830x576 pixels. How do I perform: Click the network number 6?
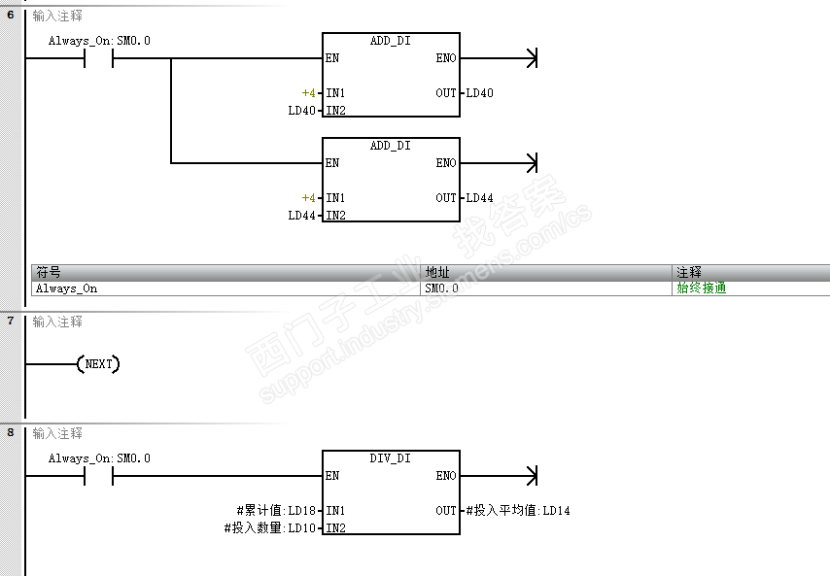coord(11,16)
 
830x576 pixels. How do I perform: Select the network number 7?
coord(11,321)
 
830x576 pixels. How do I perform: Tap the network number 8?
coord(11,433)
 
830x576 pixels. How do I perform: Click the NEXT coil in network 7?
coord(99,364)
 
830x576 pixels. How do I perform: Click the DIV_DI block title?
coord(390,458)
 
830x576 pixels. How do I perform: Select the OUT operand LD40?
coord(479,93)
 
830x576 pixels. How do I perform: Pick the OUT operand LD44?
coord(479,198)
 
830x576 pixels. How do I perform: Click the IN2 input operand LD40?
coord(301,111)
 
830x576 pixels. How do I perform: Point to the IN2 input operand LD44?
coord(301,216)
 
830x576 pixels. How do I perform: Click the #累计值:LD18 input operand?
coord(276,511)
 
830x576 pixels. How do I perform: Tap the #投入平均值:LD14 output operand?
coord(518,511)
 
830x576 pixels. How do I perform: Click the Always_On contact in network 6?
coord(99,58)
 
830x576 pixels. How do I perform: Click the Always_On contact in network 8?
coord(99,476)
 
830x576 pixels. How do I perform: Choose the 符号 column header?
coord(48,273)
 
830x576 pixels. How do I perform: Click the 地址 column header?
coord(437,273)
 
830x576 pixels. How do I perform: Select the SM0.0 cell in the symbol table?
coord(442,288)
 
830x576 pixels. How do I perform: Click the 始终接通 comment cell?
coord(702,288)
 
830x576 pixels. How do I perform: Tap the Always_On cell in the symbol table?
coord(66,288)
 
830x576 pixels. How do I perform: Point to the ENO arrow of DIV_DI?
coord(530,476)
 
